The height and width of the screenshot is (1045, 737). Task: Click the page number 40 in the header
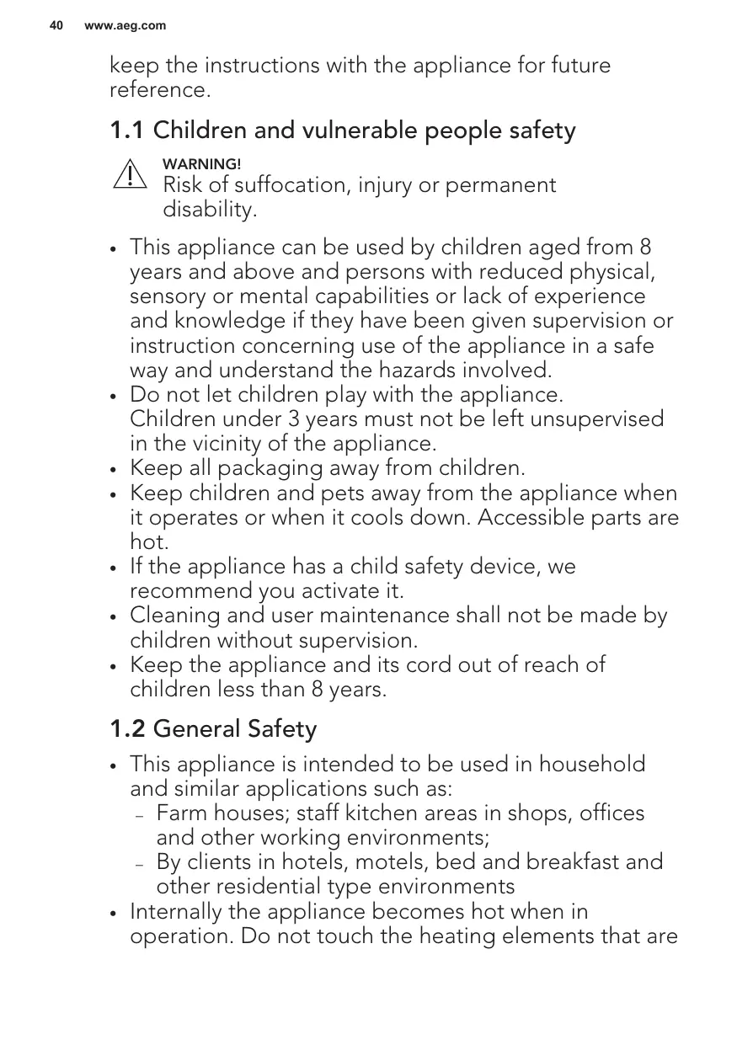(x=56, y=26)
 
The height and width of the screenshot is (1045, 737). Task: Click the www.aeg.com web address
(x=126, y=26)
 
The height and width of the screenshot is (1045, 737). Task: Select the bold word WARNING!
(x=201, y=163)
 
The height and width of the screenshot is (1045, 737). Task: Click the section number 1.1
(x=128, y=131)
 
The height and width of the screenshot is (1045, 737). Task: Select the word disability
(x=209, y=210)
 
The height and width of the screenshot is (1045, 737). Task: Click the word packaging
(x=257, y=468)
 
